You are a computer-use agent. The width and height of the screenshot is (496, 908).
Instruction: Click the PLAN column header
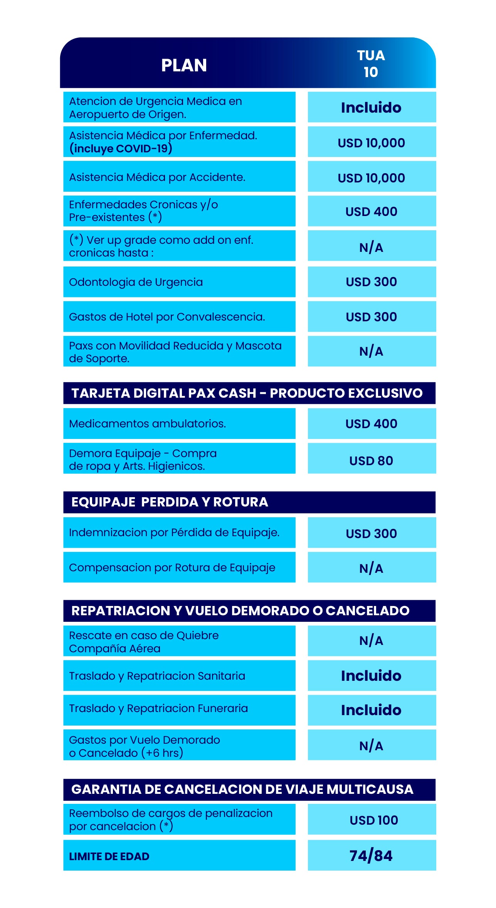[184, 65]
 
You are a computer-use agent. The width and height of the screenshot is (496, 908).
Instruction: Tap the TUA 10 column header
[371, 64]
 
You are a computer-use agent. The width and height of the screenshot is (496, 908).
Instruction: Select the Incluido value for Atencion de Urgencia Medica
[371, 108]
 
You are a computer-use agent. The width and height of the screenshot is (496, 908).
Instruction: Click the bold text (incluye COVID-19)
[121, 149]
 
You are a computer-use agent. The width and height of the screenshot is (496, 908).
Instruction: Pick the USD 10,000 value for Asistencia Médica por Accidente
[371, 178]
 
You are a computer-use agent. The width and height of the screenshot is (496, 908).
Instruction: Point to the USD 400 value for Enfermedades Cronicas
[371, 211]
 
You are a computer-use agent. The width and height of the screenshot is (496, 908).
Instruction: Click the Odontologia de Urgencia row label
[136, 282]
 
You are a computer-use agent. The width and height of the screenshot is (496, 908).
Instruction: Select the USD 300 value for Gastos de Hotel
[371, 317]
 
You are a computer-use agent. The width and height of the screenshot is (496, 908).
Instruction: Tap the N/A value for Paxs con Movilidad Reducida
[371, 351]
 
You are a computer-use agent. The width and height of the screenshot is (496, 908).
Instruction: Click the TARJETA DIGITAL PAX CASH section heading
[247, 393]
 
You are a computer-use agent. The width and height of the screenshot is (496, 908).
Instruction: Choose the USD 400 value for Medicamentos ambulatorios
[371, 424]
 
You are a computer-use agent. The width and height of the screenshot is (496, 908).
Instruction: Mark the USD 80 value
[371, 461]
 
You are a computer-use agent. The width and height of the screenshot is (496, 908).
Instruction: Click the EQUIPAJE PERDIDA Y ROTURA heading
[170, 502]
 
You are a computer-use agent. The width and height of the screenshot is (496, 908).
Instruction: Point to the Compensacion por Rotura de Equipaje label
[172, 567]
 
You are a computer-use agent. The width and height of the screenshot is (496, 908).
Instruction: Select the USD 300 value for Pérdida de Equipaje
[371, 533]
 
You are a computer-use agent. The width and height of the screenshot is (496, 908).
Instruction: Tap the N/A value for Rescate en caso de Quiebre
[371, 641]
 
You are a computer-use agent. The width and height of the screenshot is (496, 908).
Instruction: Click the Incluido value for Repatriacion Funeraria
[371, 710]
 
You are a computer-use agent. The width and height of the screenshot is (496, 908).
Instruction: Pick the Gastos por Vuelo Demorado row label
[145, 746]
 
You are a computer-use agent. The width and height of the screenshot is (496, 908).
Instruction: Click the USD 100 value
[373, 820]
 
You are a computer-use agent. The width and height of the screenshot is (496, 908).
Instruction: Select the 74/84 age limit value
[371, 856]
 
